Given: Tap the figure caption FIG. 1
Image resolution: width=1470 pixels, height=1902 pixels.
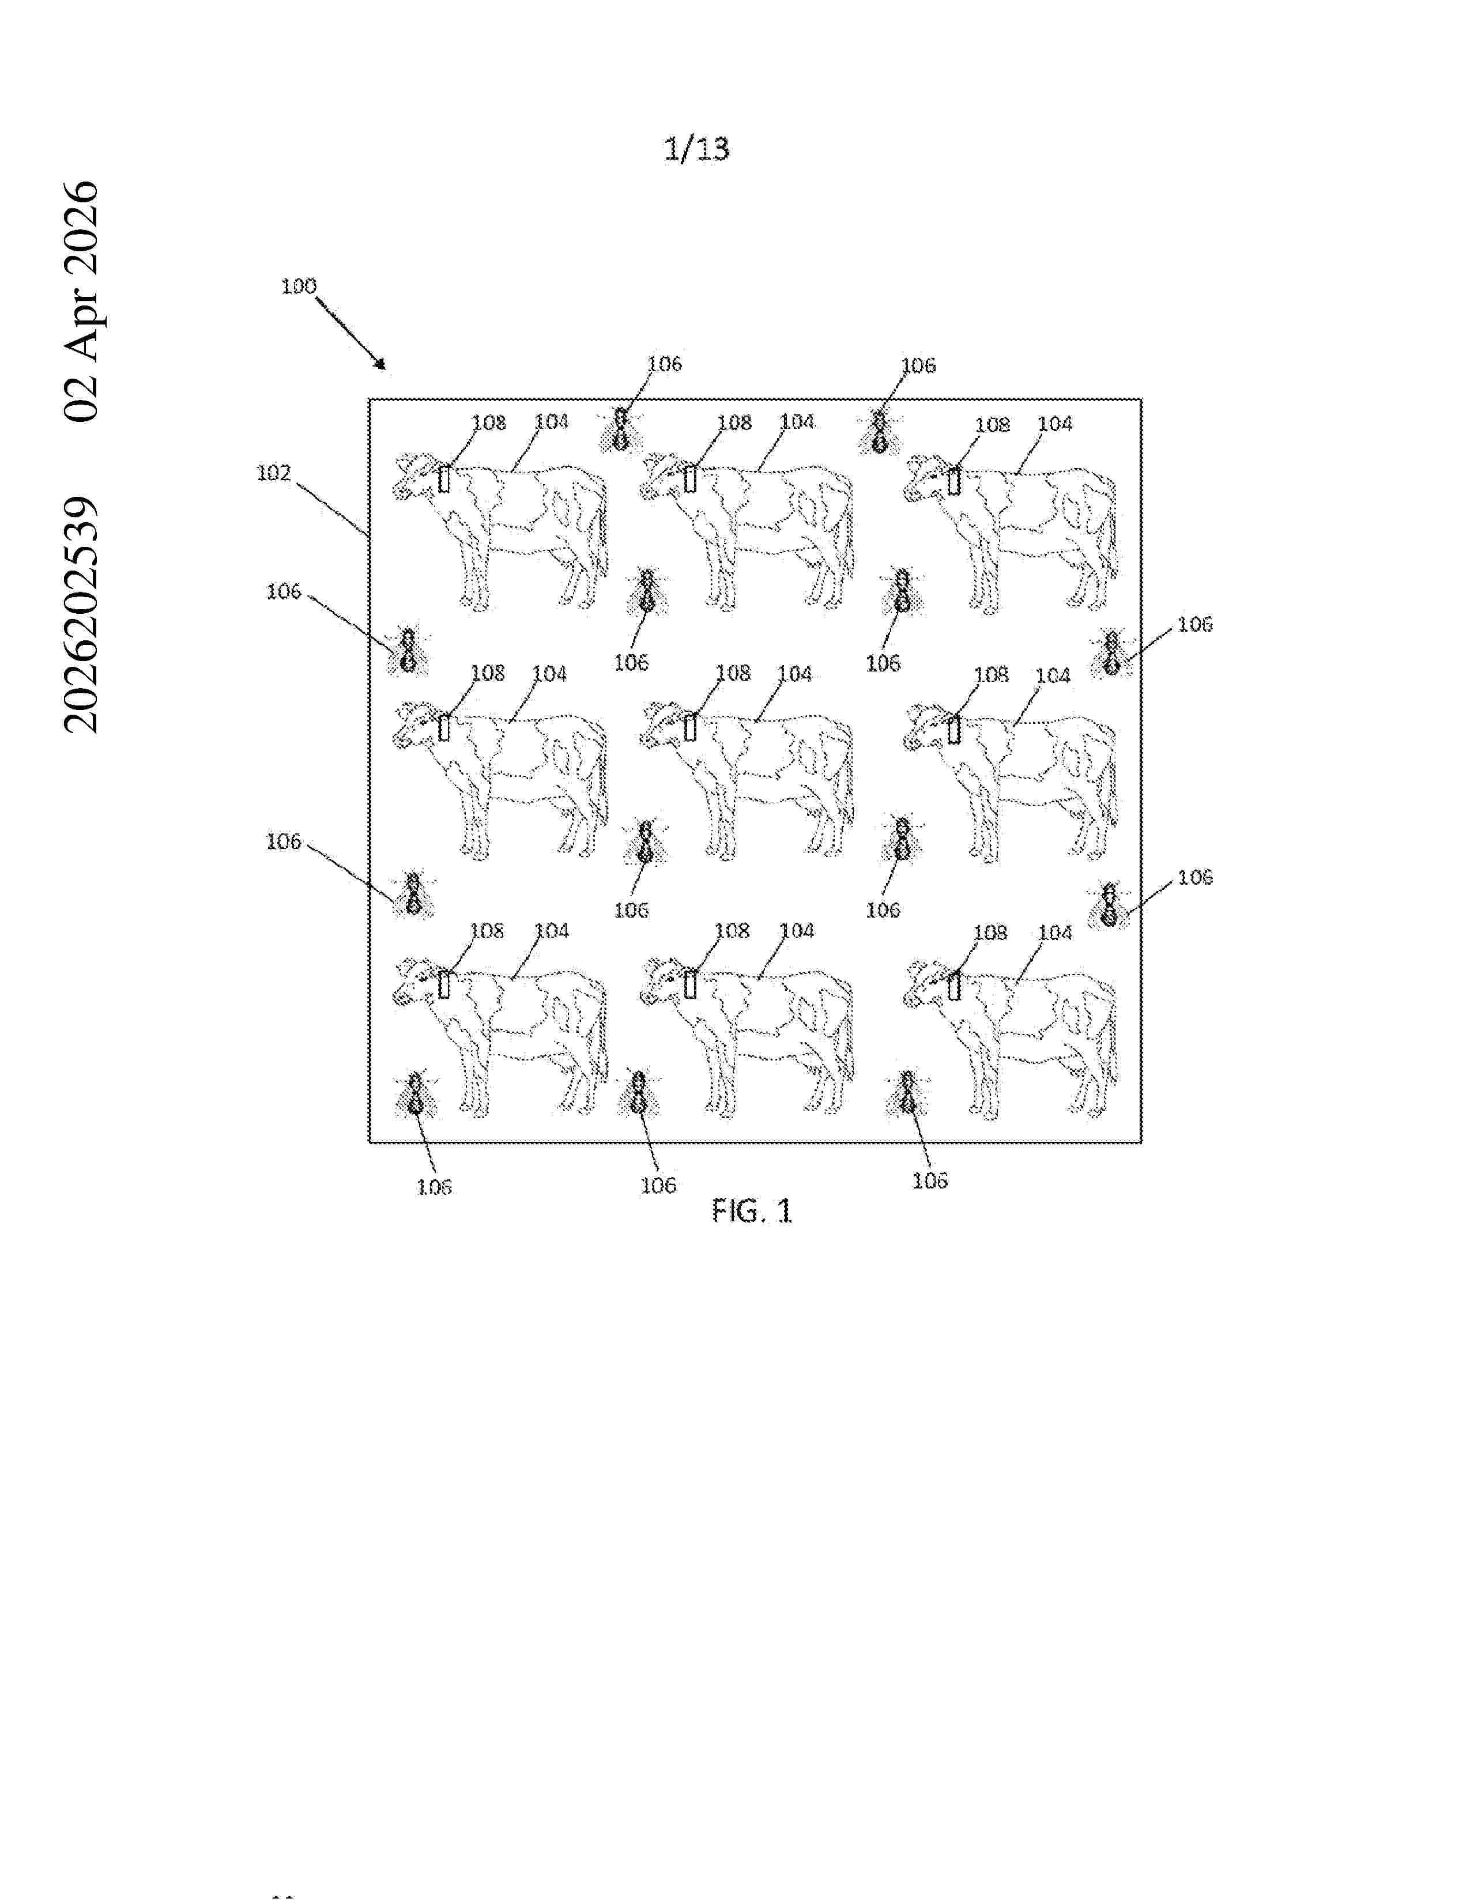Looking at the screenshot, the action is [x=752, y=1210].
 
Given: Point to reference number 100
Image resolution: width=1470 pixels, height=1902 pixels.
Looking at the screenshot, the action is [x=299, y=286].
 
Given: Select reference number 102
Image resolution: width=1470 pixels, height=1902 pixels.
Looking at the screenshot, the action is [x=273, y=472].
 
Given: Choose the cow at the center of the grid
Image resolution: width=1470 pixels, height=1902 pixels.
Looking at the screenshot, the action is [x=747, y=779].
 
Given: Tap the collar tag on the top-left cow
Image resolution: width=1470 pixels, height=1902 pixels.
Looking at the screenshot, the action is [x=444, y=478].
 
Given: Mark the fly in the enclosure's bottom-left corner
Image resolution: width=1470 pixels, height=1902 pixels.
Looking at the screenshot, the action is [x=416, y=1095].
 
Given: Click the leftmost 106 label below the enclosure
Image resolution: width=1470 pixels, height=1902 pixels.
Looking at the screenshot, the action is [x=434, y=1186].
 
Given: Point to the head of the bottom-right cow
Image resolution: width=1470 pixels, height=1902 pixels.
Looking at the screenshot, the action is [x=926, y=984].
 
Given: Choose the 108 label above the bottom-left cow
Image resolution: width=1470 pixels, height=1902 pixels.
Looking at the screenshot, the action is [x=487, y=930].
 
